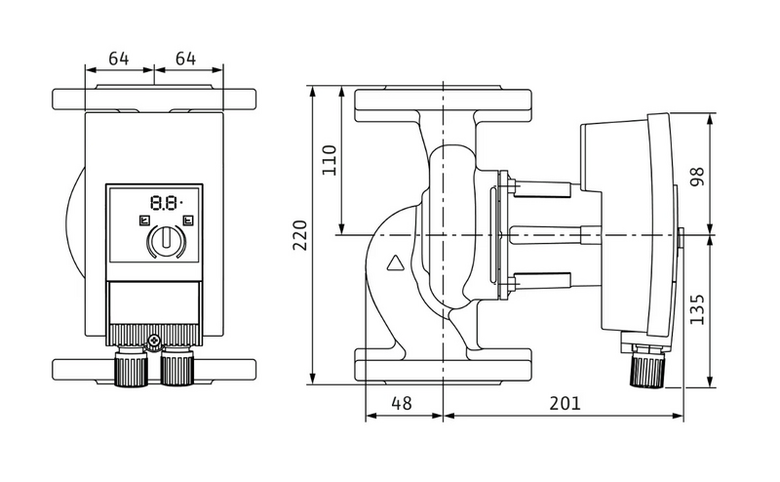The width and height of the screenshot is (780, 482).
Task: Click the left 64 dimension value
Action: [x=118, y=59]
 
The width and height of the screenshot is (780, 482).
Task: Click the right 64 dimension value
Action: [x=185, y=59]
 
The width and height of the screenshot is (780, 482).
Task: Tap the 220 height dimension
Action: [x=300, y=235]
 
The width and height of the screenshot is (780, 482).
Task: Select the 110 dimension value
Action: [x=330, y=160]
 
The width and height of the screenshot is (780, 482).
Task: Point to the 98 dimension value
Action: [x=698, y=177]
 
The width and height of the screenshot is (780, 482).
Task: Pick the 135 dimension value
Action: [x=698, y=309]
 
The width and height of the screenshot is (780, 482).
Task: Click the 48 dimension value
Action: [x=402, y=403]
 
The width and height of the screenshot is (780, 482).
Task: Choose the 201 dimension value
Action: [x=565, y=403]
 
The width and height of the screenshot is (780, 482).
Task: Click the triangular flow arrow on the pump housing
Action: [x=397, y=263]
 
